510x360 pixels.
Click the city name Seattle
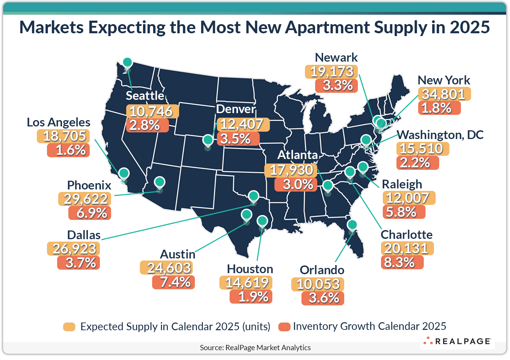(145, 96)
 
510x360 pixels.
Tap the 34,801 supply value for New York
(444, 94)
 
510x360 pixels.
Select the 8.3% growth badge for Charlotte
(402, 262)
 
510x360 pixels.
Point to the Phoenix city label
(89, 185)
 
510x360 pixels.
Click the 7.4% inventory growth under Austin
(174, 282)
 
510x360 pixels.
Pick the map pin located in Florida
(352, 224)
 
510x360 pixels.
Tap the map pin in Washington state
(127, 62)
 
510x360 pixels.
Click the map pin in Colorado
(208, 140)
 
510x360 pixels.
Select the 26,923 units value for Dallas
(74, 249)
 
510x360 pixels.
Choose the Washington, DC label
(440, 135)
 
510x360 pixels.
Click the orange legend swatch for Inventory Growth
(284, 327)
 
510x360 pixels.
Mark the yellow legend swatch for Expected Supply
(69, 327)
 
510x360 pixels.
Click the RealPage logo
(457, 341)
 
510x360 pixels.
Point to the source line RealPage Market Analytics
(255, 347)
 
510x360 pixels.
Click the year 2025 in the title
(470, 27)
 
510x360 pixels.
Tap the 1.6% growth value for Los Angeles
(69, 150)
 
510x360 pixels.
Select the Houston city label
(250, 269)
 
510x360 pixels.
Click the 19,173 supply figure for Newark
(331, 72)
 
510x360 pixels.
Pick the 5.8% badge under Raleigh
(404, 212)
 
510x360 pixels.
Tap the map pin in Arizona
(159, 182)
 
